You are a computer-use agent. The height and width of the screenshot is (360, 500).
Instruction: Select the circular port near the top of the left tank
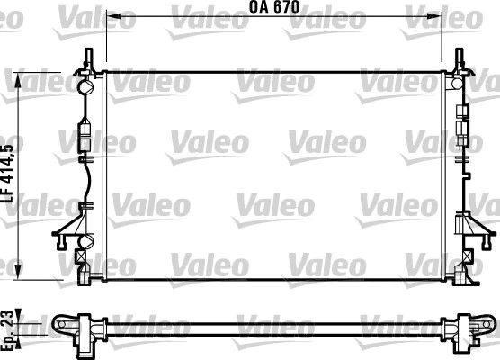86,88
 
